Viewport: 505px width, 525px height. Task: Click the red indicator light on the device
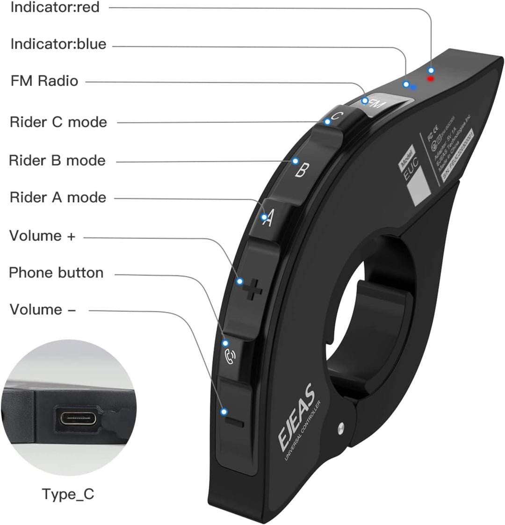click(x=431, y=79)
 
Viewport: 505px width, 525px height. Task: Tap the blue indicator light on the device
click(x=414, y=87)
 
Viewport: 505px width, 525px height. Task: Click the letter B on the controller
click(x=302, y=170)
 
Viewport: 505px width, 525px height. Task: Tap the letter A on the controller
click(x=267, y=219)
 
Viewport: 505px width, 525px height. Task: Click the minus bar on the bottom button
click(x=234, y=422)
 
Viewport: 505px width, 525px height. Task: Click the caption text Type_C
click(x=68, y=494)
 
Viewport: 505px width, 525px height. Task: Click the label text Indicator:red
click(x=55, y=7)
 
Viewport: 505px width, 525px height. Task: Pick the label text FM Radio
click(x=44, y=81)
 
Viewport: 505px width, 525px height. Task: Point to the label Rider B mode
click(x=57, y=160)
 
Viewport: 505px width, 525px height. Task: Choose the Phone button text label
click(x=56, y=273)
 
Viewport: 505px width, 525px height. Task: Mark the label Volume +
click(x=42, y=236)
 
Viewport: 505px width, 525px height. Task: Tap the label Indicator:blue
click(x=58, y=44)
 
